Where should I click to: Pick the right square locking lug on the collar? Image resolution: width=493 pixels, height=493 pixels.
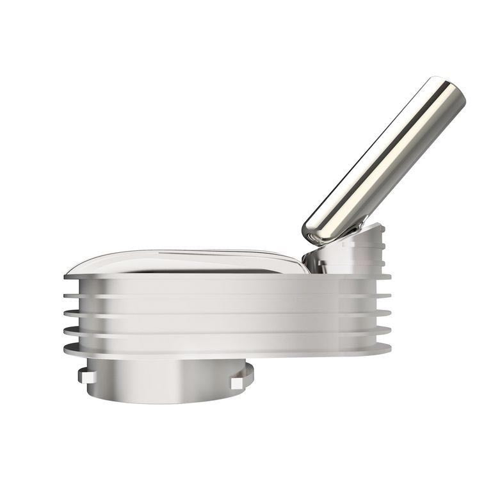click(237, 382)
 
